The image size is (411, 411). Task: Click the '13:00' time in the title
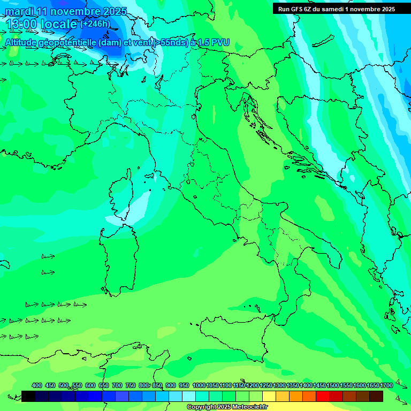tap(21, 25)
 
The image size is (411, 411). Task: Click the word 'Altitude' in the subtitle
tap(23, 42)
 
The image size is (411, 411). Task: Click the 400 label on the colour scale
tap(37, 385)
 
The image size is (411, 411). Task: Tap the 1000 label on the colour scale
tap(199, 385)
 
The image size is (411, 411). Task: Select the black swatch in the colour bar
tap(28, 396)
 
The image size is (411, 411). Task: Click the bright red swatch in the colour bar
tap(323, 396)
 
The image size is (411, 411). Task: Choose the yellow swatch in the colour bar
tap(269, 396)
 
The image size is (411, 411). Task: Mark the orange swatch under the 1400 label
tap(309, 396)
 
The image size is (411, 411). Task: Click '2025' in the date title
tap(115, 11)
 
